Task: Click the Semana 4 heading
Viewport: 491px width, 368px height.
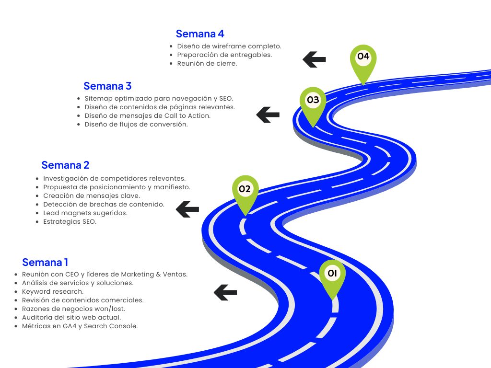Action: click(x=200, y=34)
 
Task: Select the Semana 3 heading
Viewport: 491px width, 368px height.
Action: click(x=107, y=86)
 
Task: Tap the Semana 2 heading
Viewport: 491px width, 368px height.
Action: click(x=65, y=165)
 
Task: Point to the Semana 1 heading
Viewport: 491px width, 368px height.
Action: click(x=45, y=263)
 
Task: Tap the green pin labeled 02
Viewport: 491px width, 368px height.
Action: click(x=245, y=190)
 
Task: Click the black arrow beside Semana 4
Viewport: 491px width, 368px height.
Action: click(x=314, y=59)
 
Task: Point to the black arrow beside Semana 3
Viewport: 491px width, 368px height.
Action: click(x=268, y=115)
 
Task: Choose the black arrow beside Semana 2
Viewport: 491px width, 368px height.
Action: click(x=187, y=209)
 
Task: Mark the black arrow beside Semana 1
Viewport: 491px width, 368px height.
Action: click(x=225, y=292)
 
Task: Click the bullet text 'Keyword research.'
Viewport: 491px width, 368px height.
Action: click(x=53, y=291)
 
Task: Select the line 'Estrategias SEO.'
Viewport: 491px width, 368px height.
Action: click(x=70, y=222)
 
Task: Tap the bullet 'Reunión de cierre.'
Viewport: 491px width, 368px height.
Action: click(x=207, y=63)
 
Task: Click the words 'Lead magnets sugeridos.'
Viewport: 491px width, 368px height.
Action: click(x=85, y=213)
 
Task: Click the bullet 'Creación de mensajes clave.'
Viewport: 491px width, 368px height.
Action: click(x=92, y=195)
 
